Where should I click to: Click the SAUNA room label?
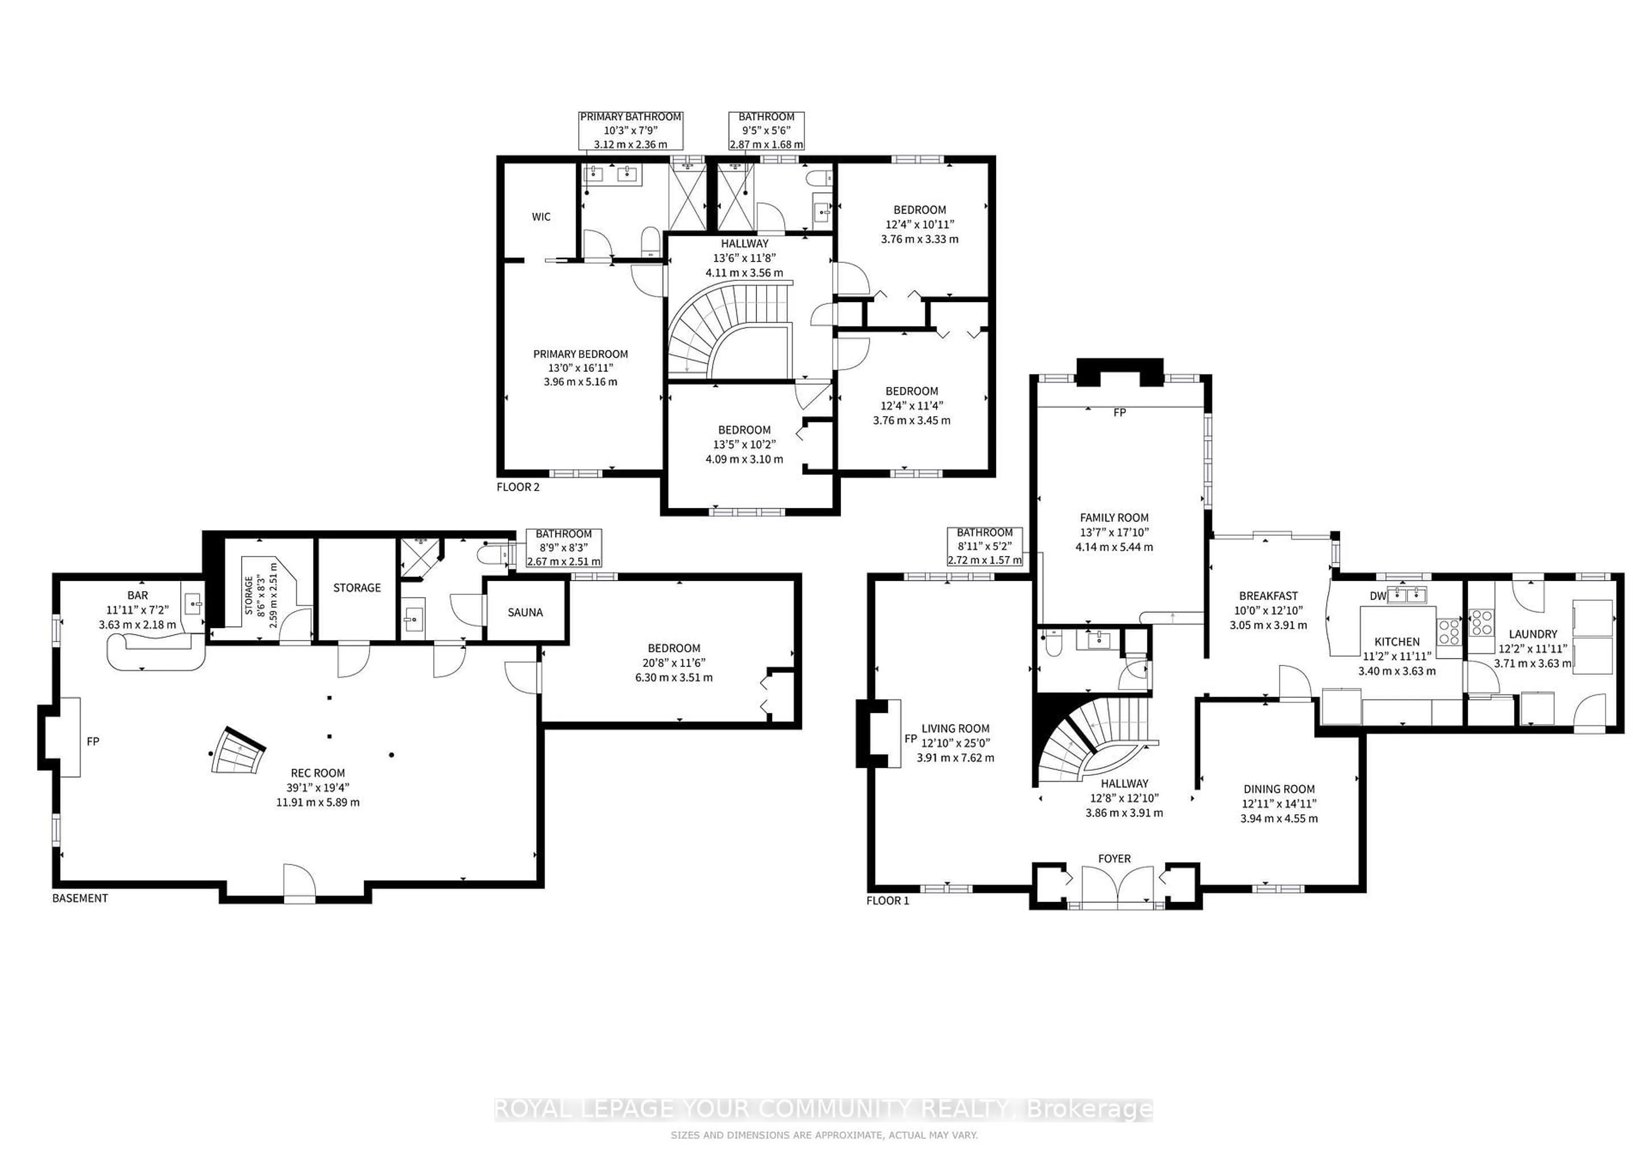pos(525,613)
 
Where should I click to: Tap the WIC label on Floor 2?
pos(541,217)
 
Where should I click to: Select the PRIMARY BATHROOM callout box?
pos(630,130)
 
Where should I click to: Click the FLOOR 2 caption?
pos(518,487)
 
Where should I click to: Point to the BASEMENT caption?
pos(80,898)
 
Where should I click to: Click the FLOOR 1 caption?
pos(887,900)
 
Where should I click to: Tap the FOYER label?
pos(1114,859)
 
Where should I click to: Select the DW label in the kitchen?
pos(1377,596)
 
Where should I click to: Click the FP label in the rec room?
pos(93,741)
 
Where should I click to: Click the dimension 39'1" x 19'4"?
pos(318,788)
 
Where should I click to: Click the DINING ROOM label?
pos(1279,789)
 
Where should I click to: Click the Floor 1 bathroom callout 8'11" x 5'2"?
pos(985,546)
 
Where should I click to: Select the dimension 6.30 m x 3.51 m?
pos(673,677)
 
